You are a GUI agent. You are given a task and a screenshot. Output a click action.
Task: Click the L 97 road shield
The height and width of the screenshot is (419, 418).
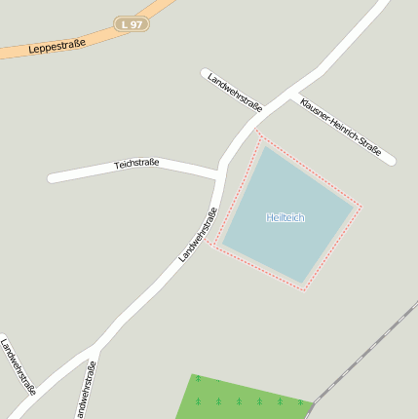coord(132,23)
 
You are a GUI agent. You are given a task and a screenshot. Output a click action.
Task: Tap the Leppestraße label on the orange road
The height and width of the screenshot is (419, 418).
coord(57,45)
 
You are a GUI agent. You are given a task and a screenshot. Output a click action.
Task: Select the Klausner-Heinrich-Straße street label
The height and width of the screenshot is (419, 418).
coord(340,127)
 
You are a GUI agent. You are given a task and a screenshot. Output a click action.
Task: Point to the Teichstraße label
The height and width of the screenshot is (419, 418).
coord(136,164)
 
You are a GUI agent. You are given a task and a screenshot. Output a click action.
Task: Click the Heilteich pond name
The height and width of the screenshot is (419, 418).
coord(285,217)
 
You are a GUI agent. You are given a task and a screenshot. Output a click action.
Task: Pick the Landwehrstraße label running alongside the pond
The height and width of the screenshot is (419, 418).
coord(198,235)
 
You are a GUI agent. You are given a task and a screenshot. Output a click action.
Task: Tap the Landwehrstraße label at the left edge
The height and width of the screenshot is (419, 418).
coord(19,366)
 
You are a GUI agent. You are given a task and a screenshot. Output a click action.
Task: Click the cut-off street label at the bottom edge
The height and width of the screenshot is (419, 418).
coord(85,390)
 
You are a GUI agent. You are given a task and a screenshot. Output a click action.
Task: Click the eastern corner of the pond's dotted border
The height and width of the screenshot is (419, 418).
coord(361,206)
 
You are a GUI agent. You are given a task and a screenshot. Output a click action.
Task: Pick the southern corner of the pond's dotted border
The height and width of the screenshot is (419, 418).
coord(305,290)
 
